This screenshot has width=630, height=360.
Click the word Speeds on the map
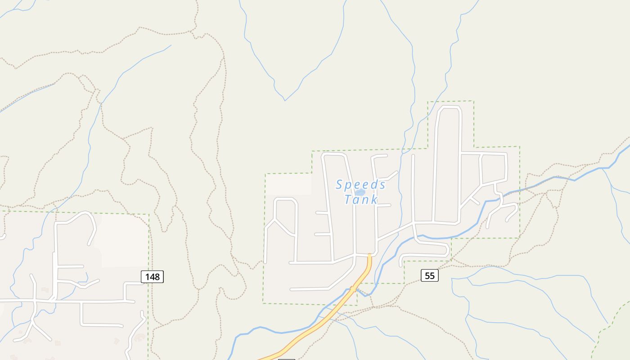click(361, 184)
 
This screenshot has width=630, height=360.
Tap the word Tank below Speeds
click(361, 199)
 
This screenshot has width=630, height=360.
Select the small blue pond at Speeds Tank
click(360, 192)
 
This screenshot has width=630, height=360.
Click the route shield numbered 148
click(152, 276)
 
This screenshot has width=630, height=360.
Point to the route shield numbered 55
click(429, 275)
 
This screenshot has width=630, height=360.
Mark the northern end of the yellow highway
click(369, 256)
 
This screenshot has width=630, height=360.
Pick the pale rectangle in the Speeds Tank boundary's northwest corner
click(288, 184)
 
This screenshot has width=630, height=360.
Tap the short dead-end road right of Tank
click(384, 205)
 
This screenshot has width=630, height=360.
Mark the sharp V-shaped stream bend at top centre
click(285, 100)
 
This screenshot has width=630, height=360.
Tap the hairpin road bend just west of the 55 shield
click(401, 260)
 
